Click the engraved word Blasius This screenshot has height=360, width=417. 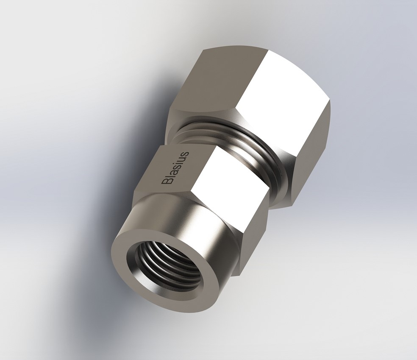click(175, 167)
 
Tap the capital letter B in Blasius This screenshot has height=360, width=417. click(166, 181)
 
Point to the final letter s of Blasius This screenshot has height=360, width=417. click(186, 154)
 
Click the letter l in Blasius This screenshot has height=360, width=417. click(168, 176)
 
